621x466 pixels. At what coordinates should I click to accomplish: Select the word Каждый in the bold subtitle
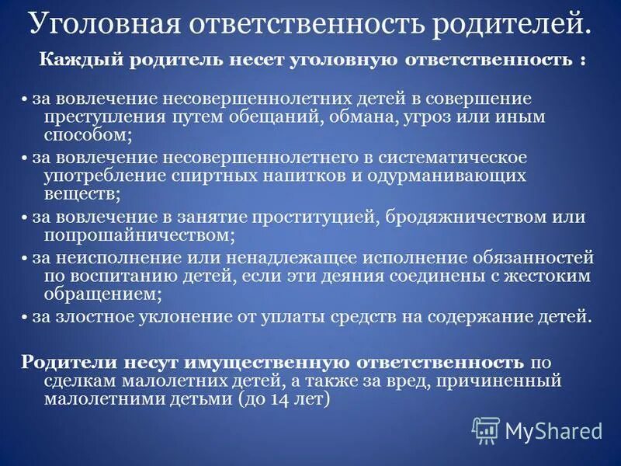click(75, 61)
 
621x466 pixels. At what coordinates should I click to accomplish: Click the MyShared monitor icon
click(486, 429)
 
